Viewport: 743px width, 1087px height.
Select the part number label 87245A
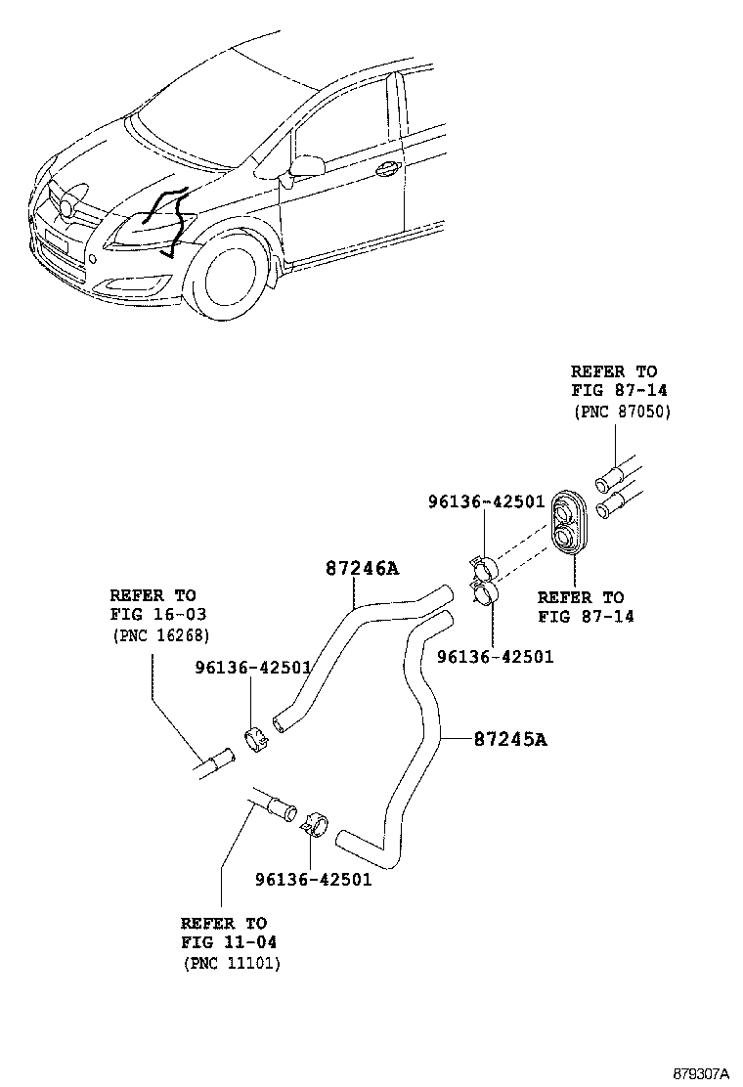pos(509,740)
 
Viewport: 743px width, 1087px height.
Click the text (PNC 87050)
pos(621,412)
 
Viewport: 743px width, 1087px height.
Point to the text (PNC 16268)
pos(160,635)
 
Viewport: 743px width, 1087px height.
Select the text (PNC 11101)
pos(232,964)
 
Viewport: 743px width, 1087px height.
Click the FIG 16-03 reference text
pos(158,615)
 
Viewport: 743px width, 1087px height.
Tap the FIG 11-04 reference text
pos(229,943)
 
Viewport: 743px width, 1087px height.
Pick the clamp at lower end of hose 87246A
pos(257,741)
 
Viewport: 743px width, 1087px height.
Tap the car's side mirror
pos(306,167)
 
